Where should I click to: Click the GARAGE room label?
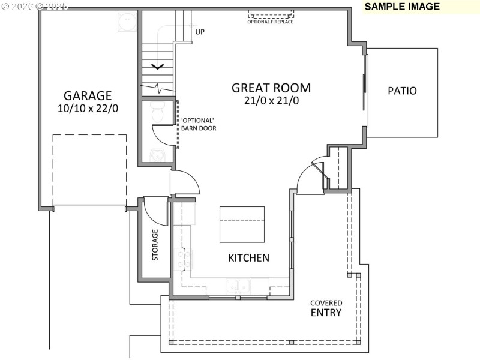click(88, 95)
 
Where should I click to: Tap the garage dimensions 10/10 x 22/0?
click(88, 109)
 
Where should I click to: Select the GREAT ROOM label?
click(271, 88)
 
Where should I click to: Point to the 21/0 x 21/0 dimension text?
click(271, 101)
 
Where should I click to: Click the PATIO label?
click(402, 91)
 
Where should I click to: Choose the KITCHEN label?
click(248, 258)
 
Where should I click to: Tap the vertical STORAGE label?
click(155, 245)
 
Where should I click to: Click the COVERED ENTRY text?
click(326, 308)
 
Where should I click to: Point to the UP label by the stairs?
click(200, 32)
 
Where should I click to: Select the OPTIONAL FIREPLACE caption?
click(271, 22)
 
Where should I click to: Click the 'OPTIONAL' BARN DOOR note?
click(199, 124)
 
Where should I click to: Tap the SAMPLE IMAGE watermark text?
click(402, 7)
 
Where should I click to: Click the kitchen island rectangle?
click(242, 224)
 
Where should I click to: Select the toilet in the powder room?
click(157, 113)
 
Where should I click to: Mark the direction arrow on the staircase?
click(157, 67)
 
